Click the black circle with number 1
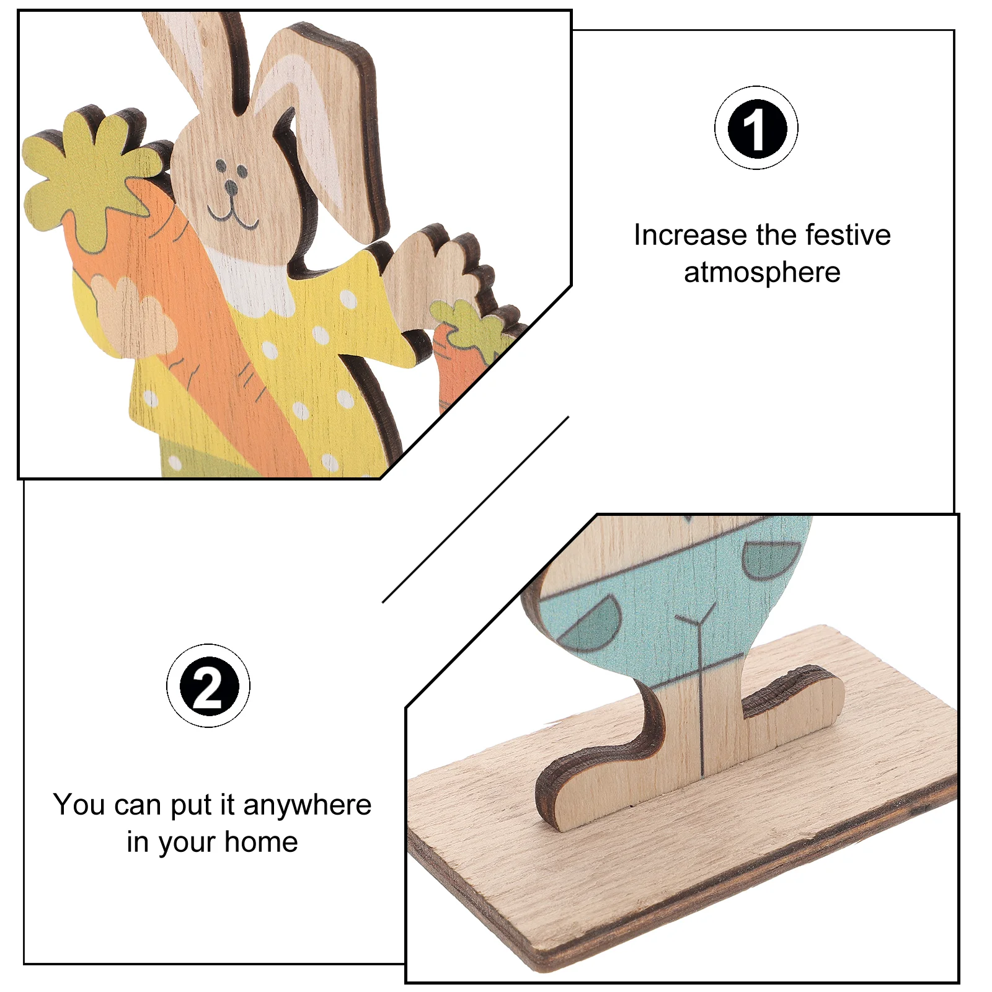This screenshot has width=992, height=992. click(x=756, y=129)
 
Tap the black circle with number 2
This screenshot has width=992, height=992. click(x=208, y=686)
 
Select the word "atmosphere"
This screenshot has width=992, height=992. click(x=762, y=273)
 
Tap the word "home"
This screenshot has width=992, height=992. click(x=261, y=842)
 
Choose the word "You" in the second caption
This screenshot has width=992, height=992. click(x=79, y=805)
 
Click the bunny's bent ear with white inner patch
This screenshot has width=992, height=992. click(x=322, y=136)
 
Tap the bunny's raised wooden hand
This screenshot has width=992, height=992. click(x=434, y=279)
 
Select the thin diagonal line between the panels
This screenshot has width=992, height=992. click(x=476, y=510)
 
